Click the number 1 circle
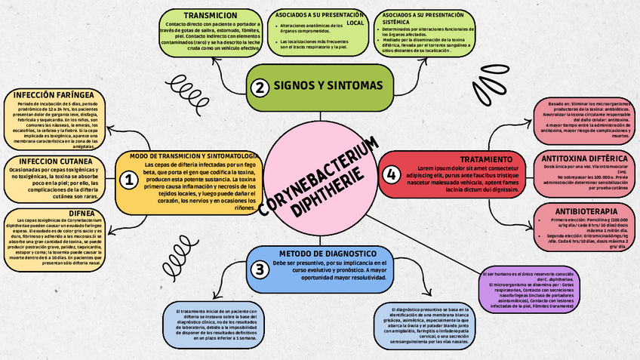tap(129, 180)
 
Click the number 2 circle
tap(260, 87)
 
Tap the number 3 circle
tap(260, 269)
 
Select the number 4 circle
tap(390, 174)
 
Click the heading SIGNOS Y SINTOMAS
tap(328, 86)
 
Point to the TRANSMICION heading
tap(200, 15)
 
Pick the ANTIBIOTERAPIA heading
tap(586, 210)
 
